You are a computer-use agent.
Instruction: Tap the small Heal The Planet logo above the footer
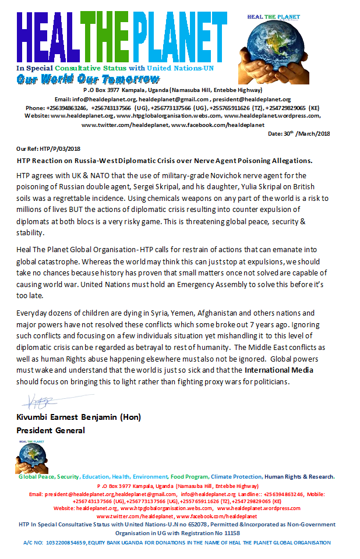[31, 457]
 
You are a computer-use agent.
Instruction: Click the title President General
[51, 431]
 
